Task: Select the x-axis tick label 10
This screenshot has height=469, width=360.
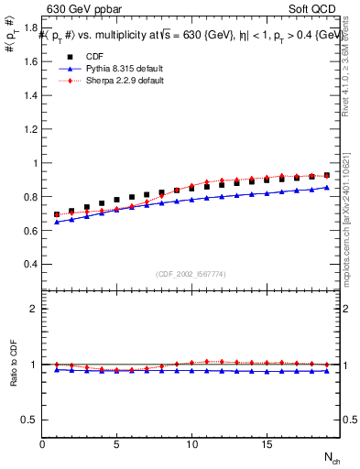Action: pos(191,444)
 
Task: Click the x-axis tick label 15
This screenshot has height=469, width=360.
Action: pos(267,444)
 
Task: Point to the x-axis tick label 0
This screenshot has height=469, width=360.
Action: pos(42,444)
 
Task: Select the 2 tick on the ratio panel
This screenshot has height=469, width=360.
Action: pos(35,309)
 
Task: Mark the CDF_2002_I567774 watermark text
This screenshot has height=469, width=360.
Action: pos(191,274)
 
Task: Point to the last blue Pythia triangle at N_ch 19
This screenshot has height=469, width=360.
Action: pos(326,188)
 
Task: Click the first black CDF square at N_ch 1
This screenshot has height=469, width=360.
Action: pos(57,214)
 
